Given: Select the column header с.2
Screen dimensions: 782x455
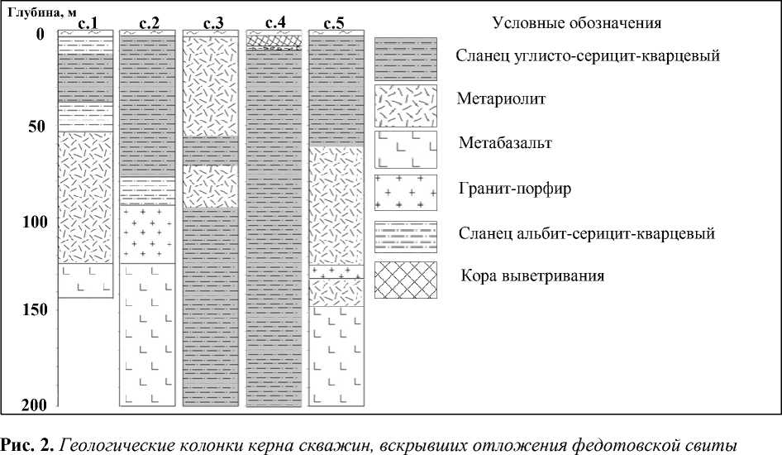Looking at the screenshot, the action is point(149,24).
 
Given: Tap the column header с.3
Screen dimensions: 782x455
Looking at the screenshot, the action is point(212,24).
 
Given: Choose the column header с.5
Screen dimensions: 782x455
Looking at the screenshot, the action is point(335,24).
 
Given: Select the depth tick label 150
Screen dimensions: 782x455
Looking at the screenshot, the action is point(32,310).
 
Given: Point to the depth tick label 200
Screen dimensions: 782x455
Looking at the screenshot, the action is point(32,405).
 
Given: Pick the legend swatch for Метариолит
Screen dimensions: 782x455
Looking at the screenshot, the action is point(405,105).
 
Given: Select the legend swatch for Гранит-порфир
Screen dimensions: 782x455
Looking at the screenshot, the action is point(405,193).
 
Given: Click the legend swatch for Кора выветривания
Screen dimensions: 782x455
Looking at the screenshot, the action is point(405,280).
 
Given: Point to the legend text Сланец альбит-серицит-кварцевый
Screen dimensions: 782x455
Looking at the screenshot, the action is point(584,233).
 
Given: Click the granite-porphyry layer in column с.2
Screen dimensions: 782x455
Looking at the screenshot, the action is point(149,234).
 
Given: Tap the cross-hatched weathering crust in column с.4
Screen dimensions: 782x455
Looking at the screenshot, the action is point(274,39).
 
